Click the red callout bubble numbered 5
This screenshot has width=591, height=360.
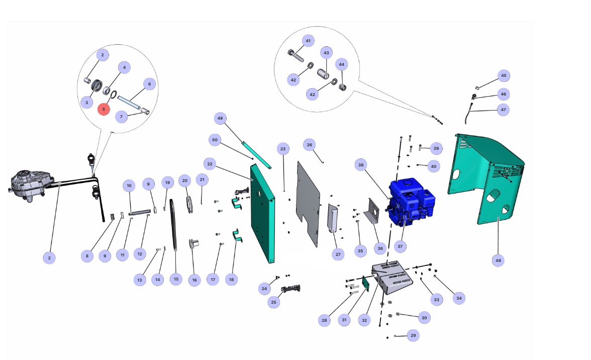pyautogui.click(x=104, y=109)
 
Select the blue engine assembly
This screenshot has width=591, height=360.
pyautogui.click(x=411, y=201)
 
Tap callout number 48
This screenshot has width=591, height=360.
pyautogui.click(x=498, y=260)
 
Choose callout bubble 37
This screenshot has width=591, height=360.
pyautogui.click(x=400, y=246)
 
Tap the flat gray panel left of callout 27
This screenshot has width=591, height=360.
pyautogui.click(x=308, y=201)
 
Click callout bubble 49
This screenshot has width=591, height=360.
pyautogui.click(x=220, y=119)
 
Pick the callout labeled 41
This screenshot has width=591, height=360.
pyautogui.click(x=308, y=41)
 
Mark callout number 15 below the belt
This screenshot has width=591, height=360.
pyautogui.click(x=176, y=279)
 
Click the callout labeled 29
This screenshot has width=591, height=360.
pyautogui.click(x=413, y=335)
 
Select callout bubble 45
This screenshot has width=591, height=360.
pyautogui.click(x=503, y=76)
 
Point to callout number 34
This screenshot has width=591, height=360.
pyautogui.click(x=459, y=298)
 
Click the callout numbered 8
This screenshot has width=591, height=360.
pyautogui.click(x=87, y=256)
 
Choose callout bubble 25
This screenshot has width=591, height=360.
pyautogui.click(x=274, y=302)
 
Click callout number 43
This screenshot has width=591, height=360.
pyautogui.click(x=326, y=53)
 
